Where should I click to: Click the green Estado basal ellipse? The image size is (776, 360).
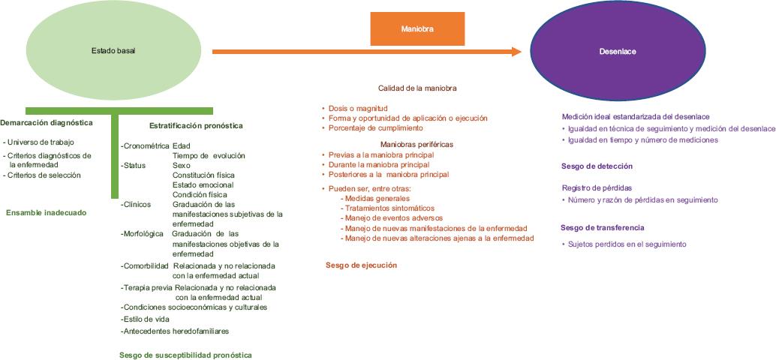[113, 49]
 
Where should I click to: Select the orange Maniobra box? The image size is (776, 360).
[417, 28]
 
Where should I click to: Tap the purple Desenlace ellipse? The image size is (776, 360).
[617, 51]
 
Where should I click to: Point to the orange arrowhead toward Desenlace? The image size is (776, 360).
[516, 51]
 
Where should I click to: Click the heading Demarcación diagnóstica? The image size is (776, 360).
[47, 122]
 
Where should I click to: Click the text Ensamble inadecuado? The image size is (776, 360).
[46, 212]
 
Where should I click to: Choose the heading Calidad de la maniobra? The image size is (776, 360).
[417, 88]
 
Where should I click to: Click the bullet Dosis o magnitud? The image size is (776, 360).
[357, 108]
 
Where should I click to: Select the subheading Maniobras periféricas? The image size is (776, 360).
[417, 144]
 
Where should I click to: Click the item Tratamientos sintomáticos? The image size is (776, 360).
[389, 208]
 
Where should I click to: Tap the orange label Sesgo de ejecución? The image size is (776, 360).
[361, 265]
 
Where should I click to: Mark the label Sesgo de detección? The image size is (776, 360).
[597, 166]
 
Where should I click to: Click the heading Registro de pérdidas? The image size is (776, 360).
[597, 187]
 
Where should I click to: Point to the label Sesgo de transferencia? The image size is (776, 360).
[602, 227]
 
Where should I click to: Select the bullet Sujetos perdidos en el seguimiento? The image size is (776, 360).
[627, 244]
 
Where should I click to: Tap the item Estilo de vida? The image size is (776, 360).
[146, 319]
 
